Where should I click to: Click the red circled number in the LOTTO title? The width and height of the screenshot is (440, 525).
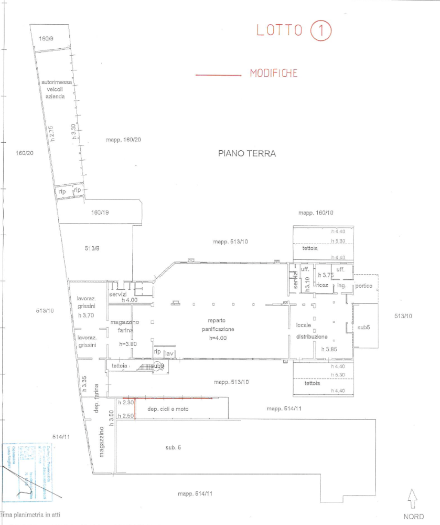coord(320,31)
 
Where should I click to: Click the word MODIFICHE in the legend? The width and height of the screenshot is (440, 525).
coord(274,73)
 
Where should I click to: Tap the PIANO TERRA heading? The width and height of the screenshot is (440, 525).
coord(246,154)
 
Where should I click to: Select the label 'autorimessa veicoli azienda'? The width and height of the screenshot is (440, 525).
coord(53,90)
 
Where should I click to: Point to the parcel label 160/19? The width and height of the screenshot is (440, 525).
coord(100,213)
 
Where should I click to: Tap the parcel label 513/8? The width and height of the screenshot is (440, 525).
coord(92,248)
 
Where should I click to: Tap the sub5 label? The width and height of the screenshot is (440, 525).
coord(363,327)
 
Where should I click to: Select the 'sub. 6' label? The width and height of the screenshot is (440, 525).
coord(173,447)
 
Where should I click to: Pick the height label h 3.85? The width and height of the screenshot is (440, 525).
coord(326,348)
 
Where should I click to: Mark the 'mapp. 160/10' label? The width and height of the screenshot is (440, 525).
coord(316,213)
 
